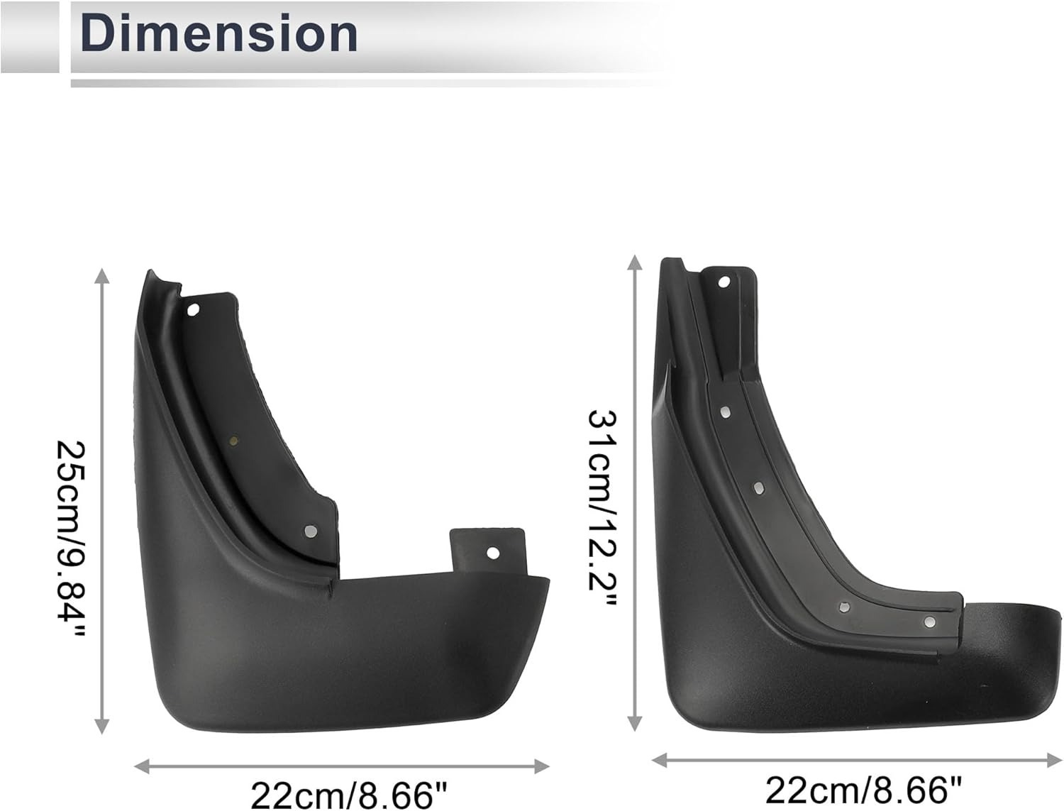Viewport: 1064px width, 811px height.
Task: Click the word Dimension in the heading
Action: [219, 33]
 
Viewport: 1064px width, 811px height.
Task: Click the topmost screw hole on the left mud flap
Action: [193, 310]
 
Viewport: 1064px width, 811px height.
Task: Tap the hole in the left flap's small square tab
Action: [492, 553]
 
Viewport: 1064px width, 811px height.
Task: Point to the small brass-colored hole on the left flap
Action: [233, 441]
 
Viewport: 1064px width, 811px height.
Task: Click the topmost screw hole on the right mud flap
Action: [724, 282]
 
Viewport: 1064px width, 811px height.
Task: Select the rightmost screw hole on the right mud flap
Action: [930, 622]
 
